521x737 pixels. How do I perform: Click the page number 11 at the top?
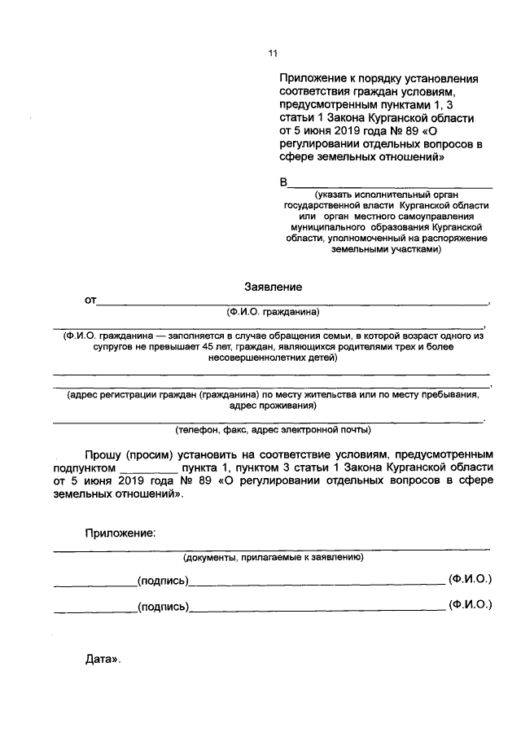click(x=274, y=54)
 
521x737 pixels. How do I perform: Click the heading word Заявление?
click(x=274, y=287)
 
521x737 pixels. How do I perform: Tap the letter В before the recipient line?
click(x=284, y=182)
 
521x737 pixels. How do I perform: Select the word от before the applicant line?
click(x=90, y=301)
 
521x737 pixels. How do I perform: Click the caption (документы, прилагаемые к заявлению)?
click(x=273, y=558)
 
